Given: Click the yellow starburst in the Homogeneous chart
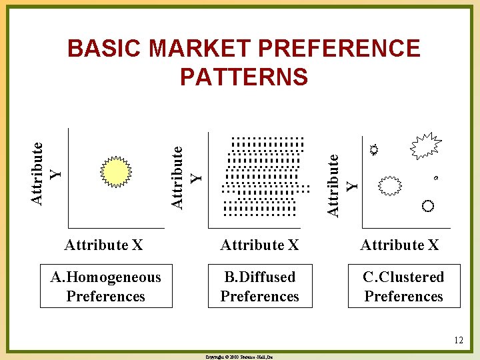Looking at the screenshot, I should (117, 173).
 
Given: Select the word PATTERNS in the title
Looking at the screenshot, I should (244, 77).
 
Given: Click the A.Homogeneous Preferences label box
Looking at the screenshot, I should (105, 286).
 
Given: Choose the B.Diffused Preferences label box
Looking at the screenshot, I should (259, 286).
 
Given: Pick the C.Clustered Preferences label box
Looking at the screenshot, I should (403, 286).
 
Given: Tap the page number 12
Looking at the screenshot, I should (458, 341).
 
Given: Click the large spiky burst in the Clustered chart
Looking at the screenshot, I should (425, 146).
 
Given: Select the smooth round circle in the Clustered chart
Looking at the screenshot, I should (427, 205).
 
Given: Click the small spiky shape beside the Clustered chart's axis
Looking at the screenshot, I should (375, 150).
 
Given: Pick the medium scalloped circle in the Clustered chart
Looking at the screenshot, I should (390, 185).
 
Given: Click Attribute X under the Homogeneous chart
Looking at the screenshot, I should (103, 245).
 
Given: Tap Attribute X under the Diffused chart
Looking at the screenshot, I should (259, 245).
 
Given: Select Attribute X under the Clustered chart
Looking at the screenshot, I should (399, 245).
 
